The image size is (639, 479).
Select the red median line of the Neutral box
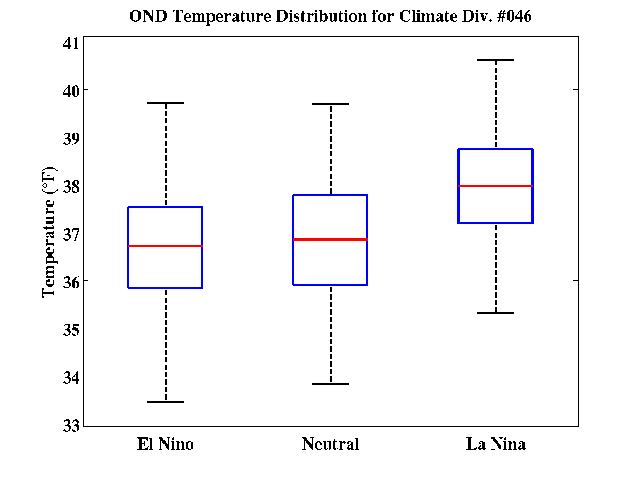point(331,240)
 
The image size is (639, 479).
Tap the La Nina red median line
point(496,186)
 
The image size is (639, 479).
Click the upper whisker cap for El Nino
point(166,103)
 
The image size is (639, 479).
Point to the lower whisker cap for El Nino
point(166,402)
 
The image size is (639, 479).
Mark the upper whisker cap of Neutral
point(331,104)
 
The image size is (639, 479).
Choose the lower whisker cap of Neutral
point(331,384)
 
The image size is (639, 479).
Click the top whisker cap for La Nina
point(496,60)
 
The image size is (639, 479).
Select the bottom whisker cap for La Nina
point(496,313)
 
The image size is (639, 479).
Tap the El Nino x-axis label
point(166,444)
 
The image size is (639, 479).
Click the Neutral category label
point(331,444)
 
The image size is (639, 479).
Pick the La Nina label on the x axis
point(496,444)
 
